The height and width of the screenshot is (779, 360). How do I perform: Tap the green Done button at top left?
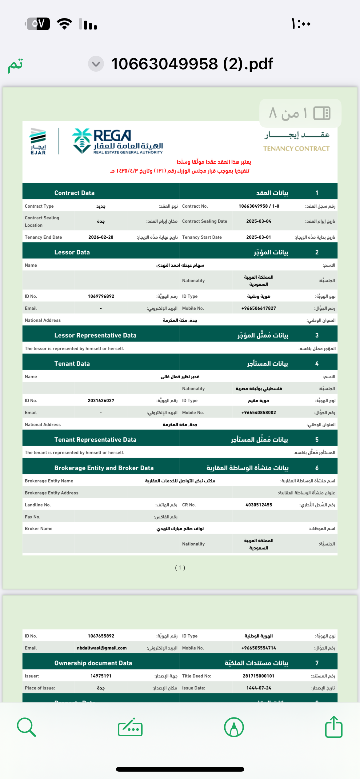tap(15, 65)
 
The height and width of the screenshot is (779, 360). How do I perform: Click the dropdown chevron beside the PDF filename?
tap(96, 64)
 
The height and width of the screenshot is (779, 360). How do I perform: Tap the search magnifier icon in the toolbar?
tap(26, 727)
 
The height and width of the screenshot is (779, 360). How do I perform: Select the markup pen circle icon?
tap(234, 727)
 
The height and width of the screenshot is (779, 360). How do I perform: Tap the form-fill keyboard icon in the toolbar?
tap(130, 727)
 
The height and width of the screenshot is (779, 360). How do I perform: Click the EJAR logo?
tap(38, 141)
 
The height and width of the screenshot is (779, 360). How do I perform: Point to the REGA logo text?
tap(113, 135)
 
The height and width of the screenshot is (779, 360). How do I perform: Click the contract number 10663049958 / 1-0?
tap(259, 206)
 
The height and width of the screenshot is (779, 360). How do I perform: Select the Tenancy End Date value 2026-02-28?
tap(101, 237)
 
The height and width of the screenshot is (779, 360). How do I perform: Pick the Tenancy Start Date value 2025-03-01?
tap(258, 237)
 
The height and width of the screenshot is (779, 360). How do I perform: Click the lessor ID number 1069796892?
tap(101, 296)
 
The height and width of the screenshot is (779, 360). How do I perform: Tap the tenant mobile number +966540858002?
tap(258, 413)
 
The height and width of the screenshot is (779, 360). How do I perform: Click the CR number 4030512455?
tap(258, 505)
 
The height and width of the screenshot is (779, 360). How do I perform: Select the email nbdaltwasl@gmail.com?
tap(102, 648)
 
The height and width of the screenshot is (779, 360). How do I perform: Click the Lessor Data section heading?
tap(72, 252)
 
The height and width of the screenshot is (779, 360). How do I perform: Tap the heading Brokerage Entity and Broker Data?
tap(104, 468)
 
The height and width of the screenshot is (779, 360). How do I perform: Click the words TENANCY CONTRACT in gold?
tap(296, 149)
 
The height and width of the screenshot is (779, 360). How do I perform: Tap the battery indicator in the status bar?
tap(38, 24)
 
